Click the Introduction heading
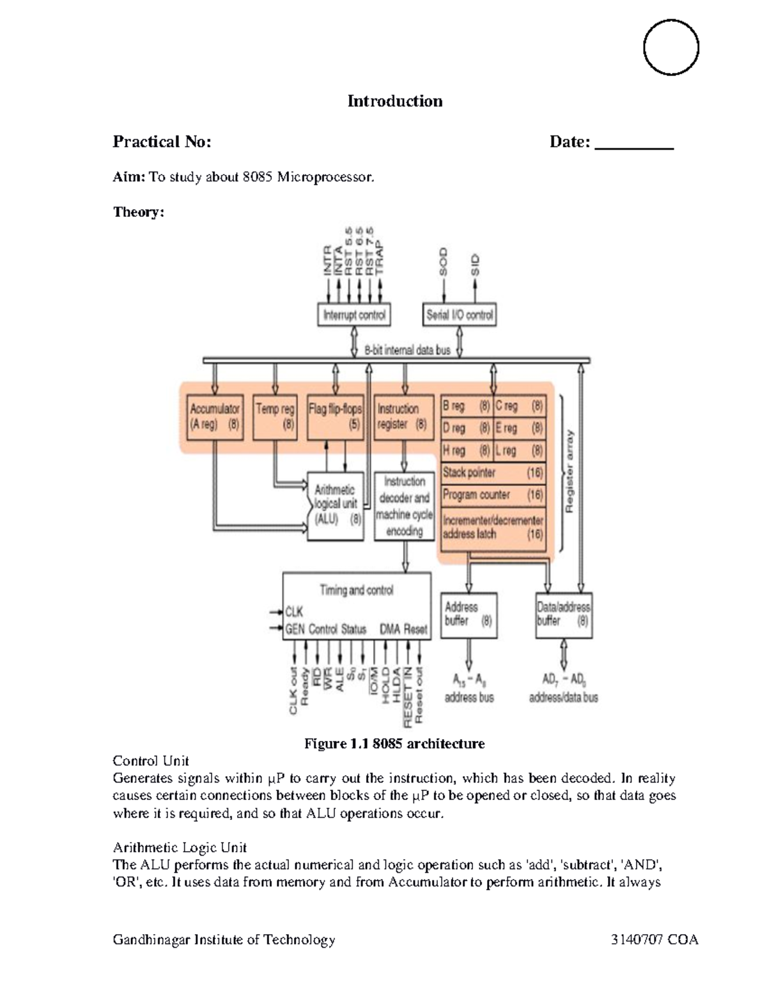point(394,101)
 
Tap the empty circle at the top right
point(670,47)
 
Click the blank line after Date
point(634,143)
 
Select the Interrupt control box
point(354,315)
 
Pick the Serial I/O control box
point(460,315)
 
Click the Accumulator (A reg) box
point(215,417)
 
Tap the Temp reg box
point(275,417)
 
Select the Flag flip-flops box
point(335,417)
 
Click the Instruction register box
point(402,417)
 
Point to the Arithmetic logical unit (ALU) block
point(335,505)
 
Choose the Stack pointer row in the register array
point(492,473)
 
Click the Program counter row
point(492,495)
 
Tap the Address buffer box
point(469,614)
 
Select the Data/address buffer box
point(563,614)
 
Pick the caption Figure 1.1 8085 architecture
point(394,744)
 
